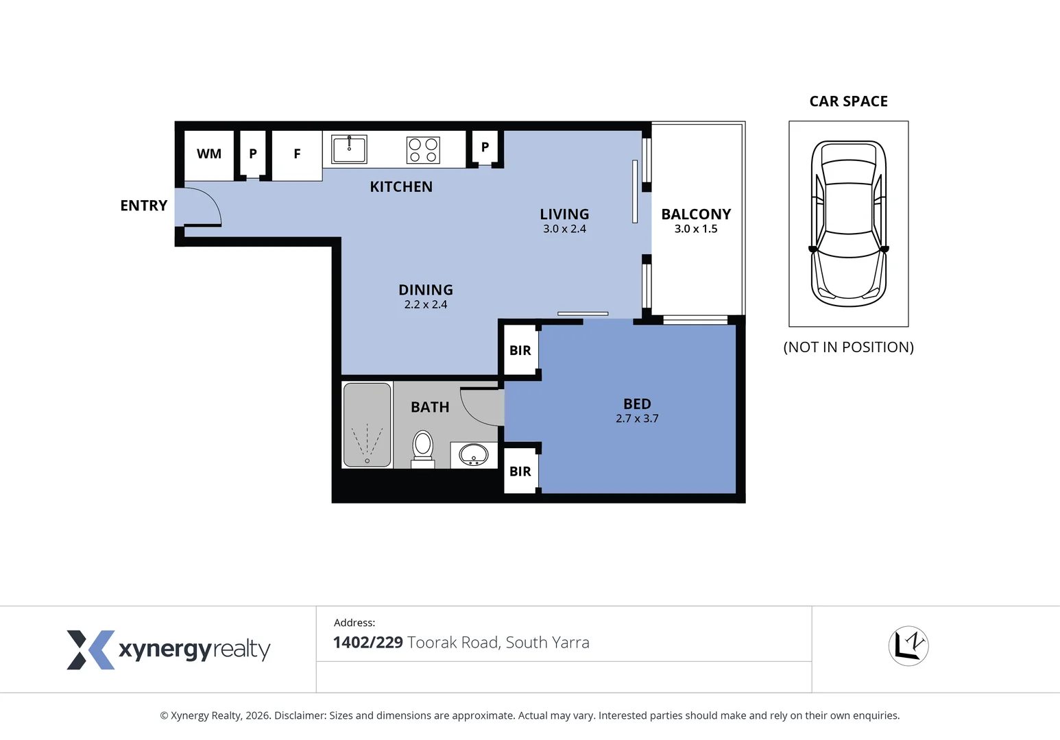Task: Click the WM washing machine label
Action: (x=208, y=153)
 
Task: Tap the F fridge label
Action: (x=297, y=153)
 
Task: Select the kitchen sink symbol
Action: (x=349, y=149)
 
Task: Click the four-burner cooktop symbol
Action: (x=423, y=150)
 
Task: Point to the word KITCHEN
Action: (x=401, y=187)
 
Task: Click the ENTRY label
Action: (x=144, y=206)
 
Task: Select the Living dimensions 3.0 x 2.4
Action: (x=564, y=229)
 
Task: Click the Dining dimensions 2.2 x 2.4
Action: (x=426, y=304)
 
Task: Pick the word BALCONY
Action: (x=696, y=214)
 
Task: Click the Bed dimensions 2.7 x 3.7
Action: (x=637, y=419)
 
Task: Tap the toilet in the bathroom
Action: (x=422, y=449)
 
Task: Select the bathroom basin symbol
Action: (x=474, y=455)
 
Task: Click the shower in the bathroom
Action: (x=368, y=425)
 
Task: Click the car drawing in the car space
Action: (x=848, y=223)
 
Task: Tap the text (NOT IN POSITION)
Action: (x=848, y=347)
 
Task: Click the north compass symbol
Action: (x=908, y=646)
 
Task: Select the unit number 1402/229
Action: (x=368, y=642)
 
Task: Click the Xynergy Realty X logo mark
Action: (x=91, y=650)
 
